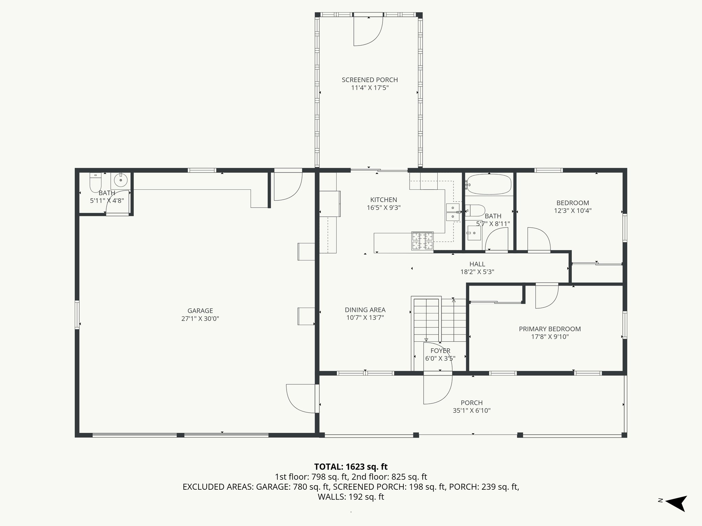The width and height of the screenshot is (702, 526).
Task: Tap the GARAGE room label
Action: tap(200, 311)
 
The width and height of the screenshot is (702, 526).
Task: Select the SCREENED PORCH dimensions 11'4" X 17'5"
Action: tap(370, 88)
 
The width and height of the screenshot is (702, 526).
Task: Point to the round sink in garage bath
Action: tap(121, 179)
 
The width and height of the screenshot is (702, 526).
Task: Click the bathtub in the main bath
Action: tap(489, 185)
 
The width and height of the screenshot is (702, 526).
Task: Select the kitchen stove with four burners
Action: tap(422, 241)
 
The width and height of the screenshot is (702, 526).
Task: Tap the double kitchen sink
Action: tap(452, 212)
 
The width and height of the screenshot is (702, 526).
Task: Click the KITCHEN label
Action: tap(384, 200)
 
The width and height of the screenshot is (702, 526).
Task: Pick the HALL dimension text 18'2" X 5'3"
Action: tap(477, 272)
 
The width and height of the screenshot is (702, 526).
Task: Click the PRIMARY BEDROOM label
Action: tap(549, 329)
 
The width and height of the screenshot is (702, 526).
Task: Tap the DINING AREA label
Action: tap(365, 310)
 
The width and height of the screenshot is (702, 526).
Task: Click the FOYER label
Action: tap(440, 351)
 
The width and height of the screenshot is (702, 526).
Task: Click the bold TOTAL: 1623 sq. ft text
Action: tap(351, 466)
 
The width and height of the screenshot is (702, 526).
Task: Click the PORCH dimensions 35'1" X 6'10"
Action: tap(471, 411)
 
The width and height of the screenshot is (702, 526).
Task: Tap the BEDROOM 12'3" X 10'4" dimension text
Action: tap(572, 211)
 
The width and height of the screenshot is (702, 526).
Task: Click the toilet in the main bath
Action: tap(476, 210)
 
